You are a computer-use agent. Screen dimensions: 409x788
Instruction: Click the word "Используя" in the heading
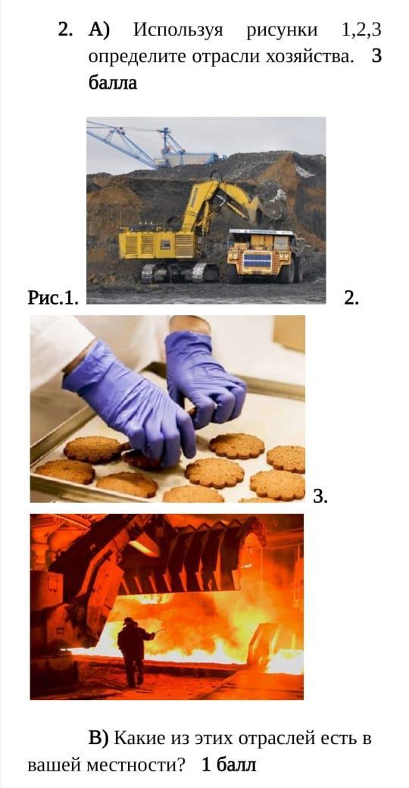pos(178,30)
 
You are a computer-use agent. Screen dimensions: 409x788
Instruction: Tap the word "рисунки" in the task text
pos(283,31)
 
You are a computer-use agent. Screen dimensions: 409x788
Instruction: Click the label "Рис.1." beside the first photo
pos(53,299)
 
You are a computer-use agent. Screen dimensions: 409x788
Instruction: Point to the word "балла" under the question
pos(113,83)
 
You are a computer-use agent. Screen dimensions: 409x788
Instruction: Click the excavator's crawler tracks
pos(180,271)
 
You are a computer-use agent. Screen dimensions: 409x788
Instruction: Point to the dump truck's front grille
pos(258,260)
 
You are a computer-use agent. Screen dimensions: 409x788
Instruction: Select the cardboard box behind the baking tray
pos(289,333)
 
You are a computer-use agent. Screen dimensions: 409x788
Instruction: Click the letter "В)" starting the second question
pos(98,738)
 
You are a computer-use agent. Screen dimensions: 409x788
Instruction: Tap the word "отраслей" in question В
pos(276,739)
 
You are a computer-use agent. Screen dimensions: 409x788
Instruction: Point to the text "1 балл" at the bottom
pos(229,765)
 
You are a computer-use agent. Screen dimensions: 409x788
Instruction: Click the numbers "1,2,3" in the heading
pos(361,31)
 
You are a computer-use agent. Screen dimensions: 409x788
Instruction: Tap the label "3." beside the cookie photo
pos(320,497)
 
